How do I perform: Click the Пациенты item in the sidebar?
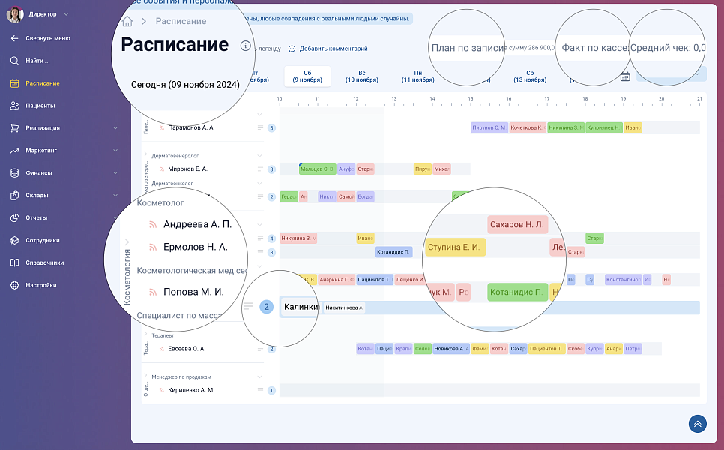(x=40, y=106)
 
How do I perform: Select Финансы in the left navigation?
(x=39, y=173)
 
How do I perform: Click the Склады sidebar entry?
(x=37, y=196)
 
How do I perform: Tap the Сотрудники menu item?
(x=42, y=241)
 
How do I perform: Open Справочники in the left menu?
(x=44, y=263)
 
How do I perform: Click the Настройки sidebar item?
(x=40, y=286)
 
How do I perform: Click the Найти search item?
(x=37, y=61)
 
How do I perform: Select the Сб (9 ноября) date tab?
(x=307, y=76)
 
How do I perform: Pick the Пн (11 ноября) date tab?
(x=417, y=76)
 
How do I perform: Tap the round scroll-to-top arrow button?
(x=698, y=424)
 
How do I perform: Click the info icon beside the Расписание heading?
(x=245, y=46)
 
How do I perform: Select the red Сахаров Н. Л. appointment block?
(x=517, y=224)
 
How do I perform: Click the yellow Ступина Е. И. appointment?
(x=455, y=247)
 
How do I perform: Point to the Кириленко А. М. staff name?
(x=191, y=390)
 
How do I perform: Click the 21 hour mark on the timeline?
(x=699, y=98)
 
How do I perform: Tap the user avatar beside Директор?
(x=15, y=14)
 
